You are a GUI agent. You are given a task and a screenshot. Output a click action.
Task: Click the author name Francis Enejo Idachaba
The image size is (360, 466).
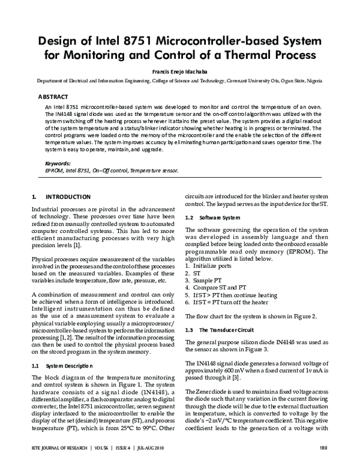(x=180, y=70)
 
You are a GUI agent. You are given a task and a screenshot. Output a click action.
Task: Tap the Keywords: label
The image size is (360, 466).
(x=58, y=163)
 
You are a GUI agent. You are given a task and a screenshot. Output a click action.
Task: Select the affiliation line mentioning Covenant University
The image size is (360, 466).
(x=180, y=79)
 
